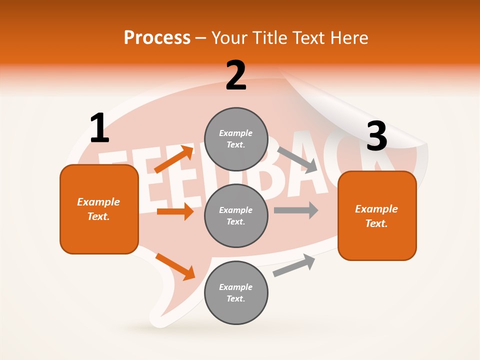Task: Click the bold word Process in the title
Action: [157, 37]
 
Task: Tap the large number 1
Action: [99, 128]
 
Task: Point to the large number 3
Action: [376, 136]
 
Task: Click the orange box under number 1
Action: [99, 209]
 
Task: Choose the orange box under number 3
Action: [377, 215]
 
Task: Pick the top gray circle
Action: [236, 138]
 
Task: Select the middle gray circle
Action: [236, 215]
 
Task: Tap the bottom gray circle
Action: [236, 292]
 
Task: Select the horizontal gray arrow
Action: [295, 210]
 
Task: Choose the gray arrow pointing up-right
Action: [294, 265]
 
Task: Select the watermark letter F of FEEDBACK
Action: [112, 175]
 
